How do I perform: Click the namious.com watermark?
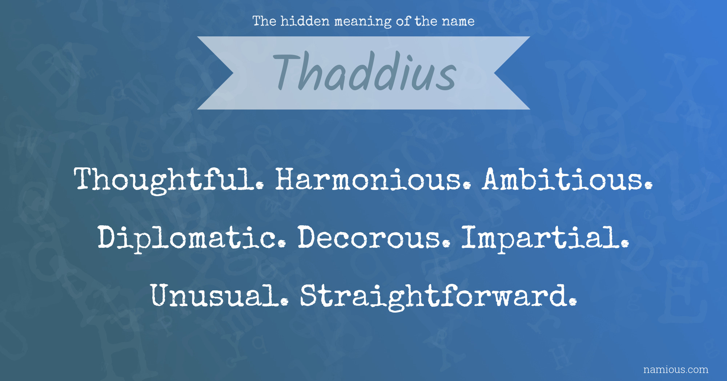pyautogui.click(x=676, y=370)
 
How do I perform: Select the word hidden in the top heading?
pyautogui.click(x=305, y=21)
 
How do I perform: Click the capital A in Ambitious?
pyautogui.click(x=495, y=179)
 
